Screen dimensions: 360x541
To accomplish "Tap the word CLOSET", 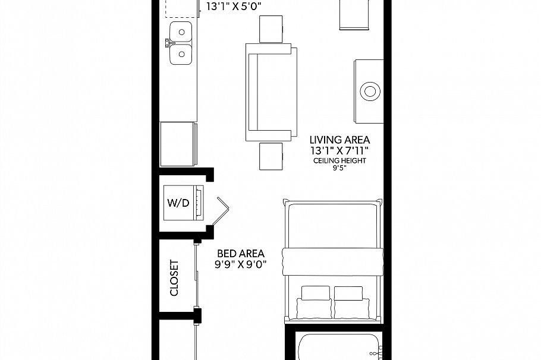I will coord(174,277).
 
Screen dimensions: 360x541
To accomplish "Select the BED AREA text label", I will coord(241,252).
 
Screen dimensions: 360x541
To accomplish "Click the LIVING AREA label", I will coord(339,140).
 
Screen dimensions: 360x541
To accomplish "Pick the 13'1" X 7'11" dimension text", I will coord(339,150).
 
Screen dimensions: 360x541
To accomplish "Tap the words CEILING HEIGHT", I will coord(339,160).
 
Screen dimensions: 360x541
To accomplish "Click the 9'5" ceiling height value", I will coord(339,168).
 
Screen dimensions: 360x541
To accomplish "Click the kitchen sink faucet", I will coord(168,43).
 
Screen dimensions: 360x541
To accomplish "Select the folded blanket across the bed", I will coord(331,261).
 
